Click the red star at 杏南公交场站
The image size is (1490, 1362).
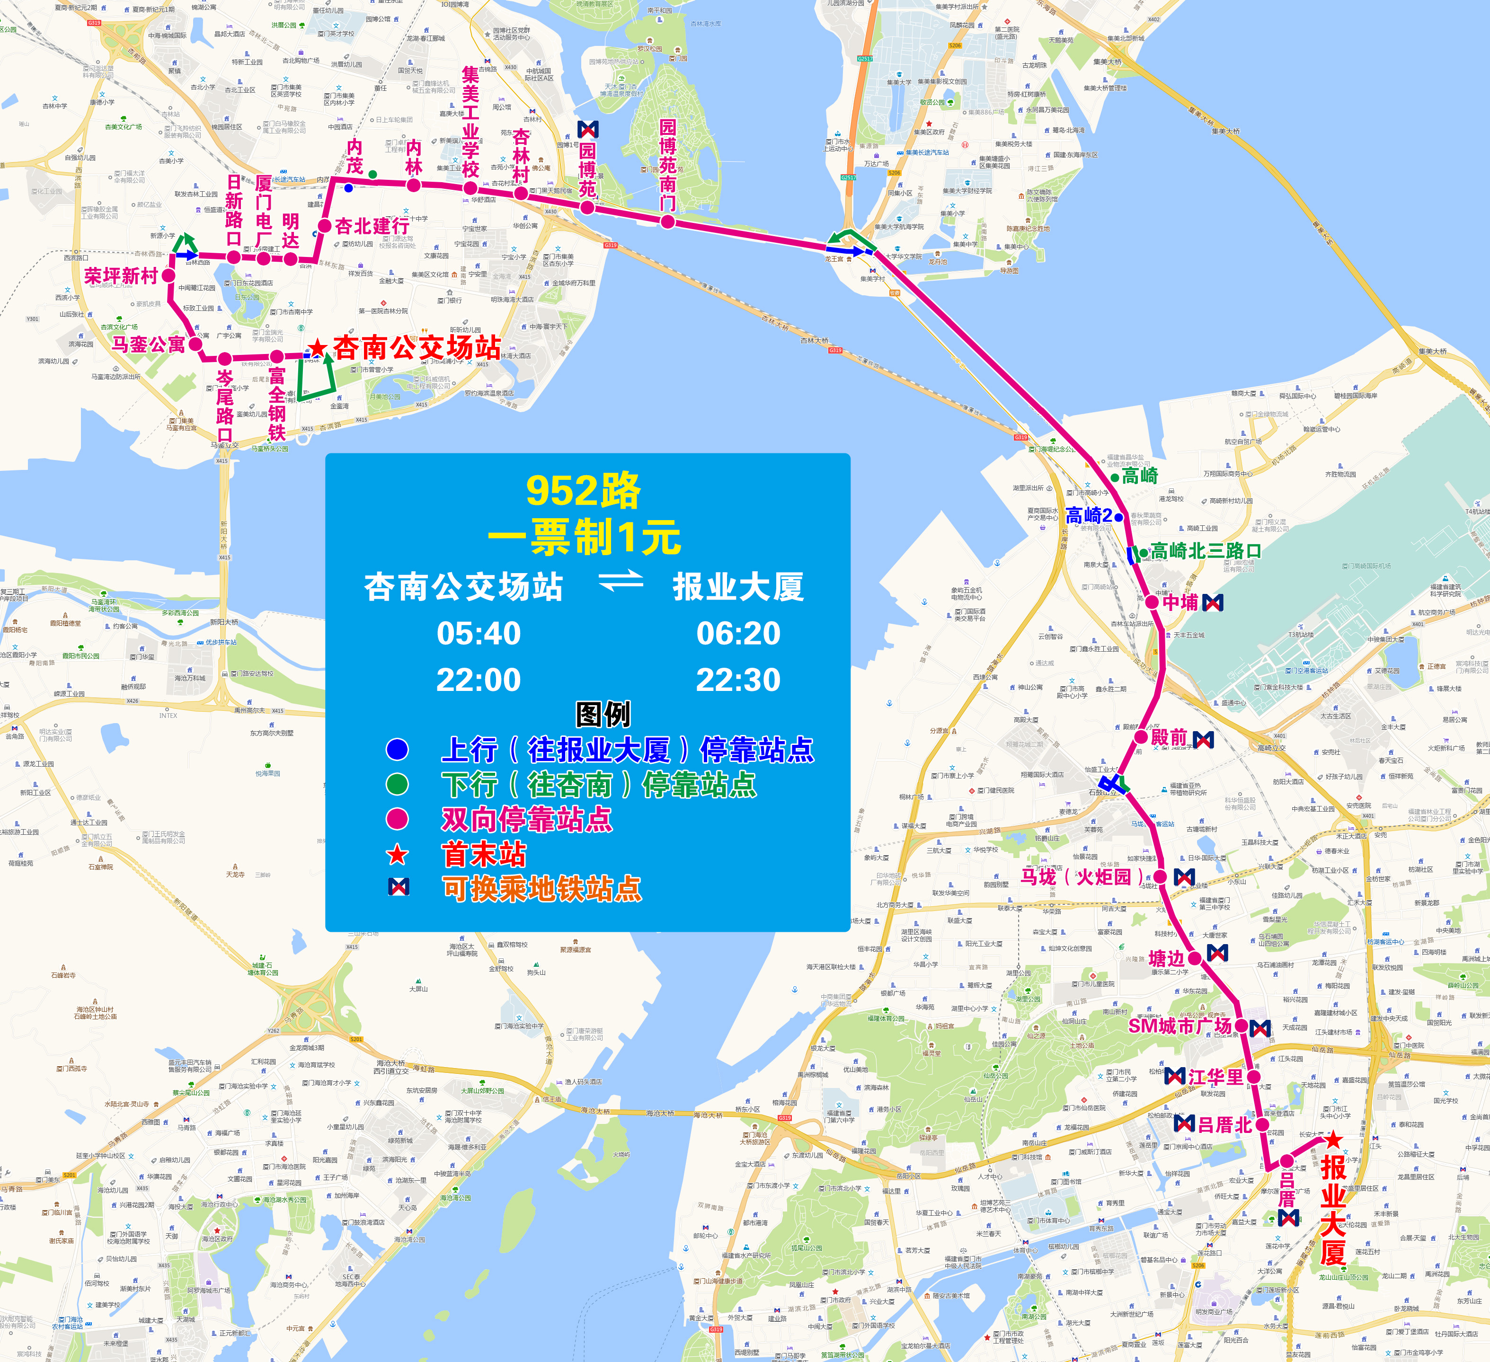coord(318,347)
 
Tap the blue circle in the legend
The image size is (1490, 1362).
coord(398,749)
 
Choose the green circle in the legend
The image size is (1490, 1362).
coord(398,784)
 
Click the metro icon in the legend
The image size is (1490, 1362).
coord(399,887)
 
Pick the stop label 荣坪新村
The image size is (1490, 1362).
coord(121,276)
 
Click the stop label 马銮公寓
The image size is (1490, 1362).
coord(148,345)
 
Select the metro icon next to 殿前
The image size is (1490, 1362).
coord(1203,740)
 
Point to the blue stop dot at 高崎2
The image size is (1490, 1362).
coord(1119,517)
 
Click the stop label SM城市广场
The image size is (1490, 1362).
coord(1180,1026)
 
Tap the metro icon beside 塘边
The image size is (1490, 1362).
coord(1217,953)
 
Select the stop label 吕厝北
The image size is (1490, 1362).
coord(1224,1125)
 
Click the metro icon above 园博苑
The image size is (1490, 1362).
coord(587,130)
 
